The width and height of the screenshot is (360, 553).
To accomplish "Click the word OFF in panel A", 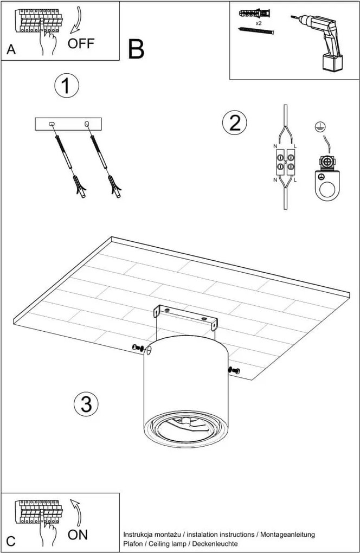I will (81, 44).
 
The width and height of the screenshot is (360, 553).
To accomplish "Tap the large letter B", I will (136, 49).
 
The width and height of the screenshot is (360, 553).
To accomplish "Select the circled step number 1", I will (67, 86).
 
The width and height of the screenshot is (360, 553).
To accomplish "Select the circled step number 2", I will (234, 123).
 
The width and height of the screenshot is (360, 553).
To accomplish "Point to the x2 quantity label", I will (259, 23).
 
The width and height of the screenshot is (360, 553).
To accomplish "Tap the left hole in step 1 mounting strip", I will (52, 124).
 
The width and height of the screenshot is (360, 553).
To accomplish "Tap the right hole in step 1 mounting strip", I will (87, 125).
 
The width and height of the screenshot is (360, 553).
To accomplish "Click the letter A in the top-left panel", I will (11, 50).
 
